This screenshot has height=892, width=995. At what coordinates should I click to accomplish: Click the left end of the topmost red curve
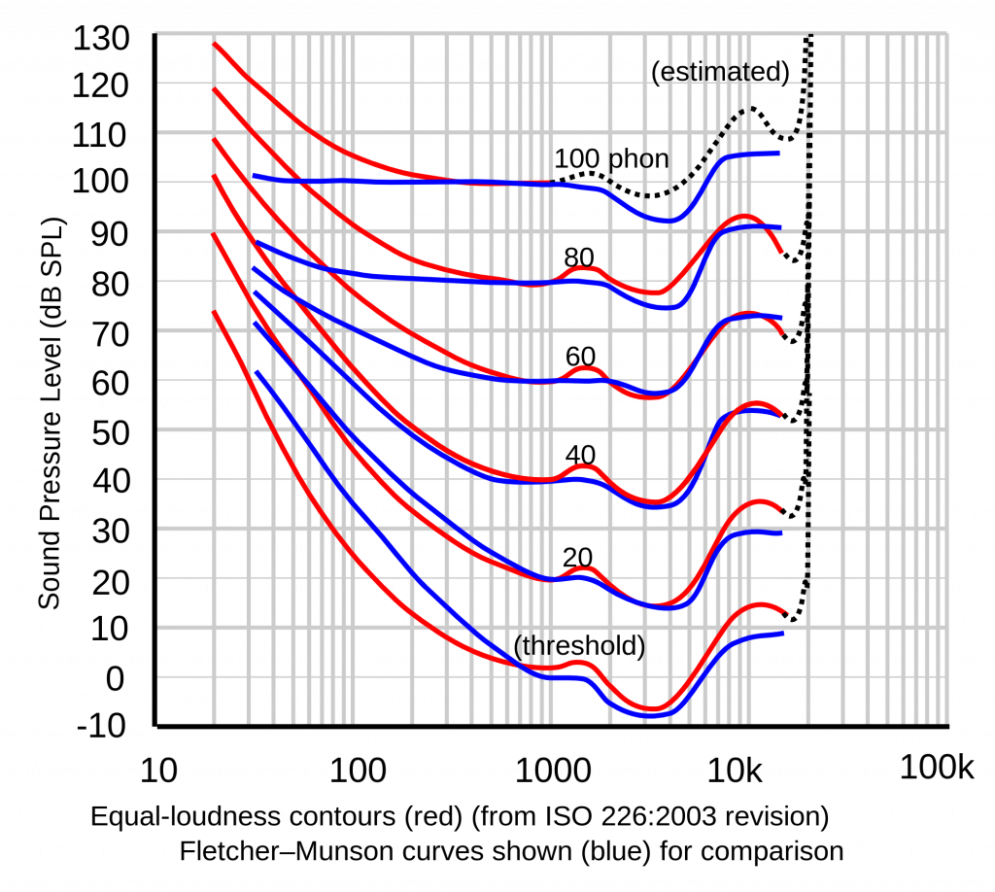pyautogui.click(x=215, y=44)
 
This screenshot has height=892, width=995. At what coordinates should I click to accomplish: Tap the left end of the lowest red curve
pyautogui.click(x=215, y=313)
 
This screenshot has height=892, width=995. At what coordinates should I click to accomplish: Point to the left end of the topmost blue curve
pyautogui.click(x=255, y=176)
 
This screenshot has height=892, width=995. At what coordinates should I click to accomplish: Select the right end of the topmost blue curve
pyautogui.click(x=778, y=153)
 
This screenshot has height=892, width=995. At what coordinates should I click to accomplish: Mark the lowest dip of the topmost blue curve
pyautogui.click(x=666, y=221)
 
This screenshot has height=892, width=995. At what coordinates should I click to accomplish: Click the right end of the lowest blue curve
pyautogui.click(x=782, y=634)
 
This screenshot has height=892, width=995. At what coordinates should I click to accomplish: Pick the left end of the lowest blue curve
pyautogui.click(x=257, y=371)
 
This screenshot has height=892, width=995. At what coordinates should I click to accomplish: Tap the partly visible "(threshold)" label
pyautogui.click(x=580, y=646)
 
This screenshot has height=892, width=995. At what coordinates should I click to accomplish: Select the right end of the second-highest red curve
pyautogui.click(x=782, y=254)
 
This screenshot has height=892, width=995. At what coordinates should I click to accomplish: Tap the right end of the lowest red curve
pyautogui.click(x=788, y=613)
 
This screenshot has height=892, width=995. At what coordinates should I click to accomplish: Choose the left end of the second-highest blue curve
pyautogui.click(x=256, y=240)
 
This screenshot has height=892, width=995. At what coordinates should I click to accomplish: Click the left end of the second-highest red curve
pyautogui.click(x=215, y=89)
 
